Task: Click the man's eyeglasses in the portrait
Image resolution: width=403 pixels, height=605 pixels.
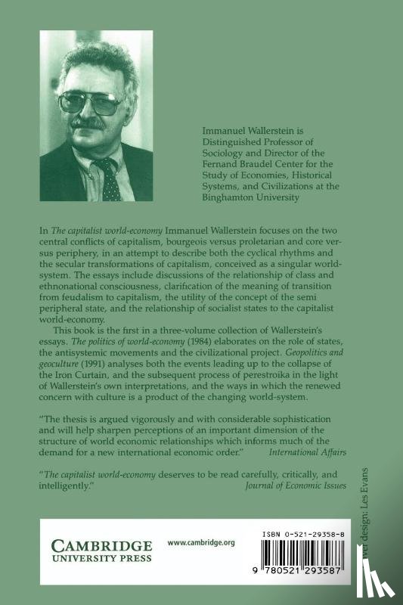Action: [90, 101]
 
